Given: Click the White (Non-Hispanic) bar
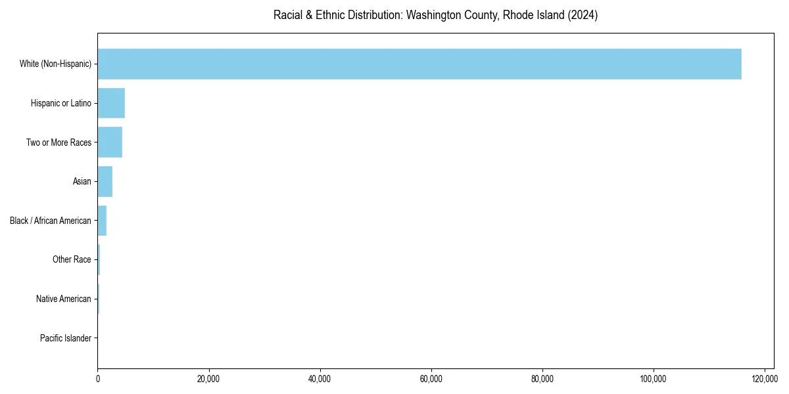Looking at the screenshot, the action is [x=419, y=64].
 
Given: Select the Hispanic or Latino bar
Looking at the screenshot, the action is [x=111, y=103].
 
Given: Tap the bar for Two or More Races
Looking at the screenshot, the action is [x=110, y=142].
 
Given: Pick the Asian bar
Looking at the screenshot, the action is [x=105, y=181].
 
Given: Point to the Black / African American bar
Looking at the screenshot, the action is [x=102, y=221].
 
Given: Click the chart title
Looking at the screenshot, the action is [x=435, y=15].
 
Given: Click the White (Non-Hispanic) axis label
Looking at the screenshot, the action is [x=55, y=64].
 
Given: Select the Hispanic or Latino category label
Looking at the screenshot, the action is [x=60, y=103].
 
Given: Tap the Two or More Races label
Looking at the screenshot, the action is [x=59, y=142].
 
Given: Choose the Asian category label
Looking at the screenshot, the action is [x=82, y=181].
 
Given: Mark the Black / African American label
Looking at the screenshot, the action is [x=51, y=221].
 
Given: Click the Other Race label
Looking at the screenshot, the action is [x=72, y=259].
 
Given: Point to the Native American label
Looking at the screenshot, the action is [x=64, y=299].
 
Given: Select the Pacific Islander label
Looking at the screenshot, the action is [x=65, y=338].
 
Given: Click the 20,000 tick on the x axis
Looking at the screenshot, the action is [x=208, y=379].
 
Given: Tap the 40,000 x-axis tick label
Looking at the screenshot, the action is [x=320, y=379].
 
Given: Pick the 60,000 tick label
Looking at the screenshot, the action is [x=431, y=379].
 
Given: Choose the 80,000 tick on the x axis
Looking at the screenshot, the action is [x=542, y=379].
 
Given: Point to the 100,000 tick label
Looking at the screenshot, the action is [x=653, y=379].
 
